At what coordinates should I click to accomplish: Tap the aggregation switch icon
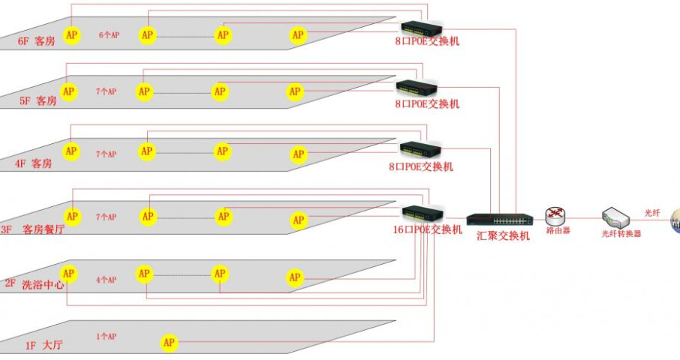pos(499,219)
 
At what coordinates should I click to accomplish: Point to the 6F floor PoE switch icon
pos(421,28)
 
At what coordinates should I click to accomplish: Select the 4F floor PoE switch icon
pos(420,149)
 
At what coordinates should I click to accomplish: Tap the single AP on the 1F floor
pos(170,343)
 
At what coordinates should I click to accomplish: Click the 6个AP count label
pos(109,35)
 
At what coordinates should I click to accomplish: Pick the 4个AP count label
pos(106,280)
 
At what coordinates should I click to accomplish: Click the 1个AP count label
pos(106,337)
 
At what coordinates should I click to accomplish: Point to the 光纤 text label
pos(652,213)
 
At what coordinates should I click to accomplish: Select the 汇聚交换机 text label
pos(503,235)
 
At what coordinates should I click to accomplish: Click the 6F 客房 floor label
pos(37,41)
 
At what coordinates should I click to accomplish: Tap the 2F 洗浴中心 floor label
pos(32,284)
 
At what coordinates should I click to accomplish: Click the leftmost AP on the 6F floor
pos(71,34)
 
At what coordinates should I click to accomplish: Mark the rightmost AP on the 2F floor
pos(295,277)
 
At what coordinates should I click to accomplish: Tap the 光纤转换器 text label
pos(621,234)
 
